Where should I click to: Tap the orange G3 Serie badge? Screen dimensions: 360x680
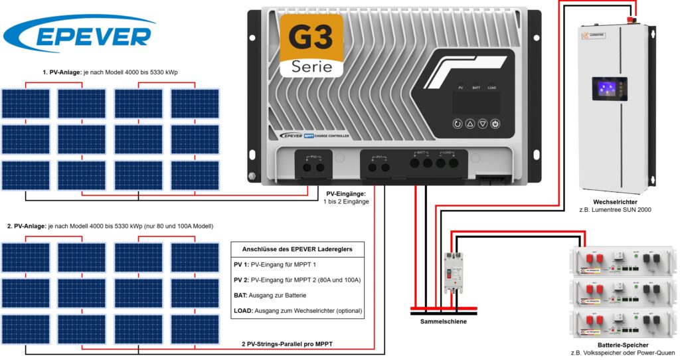tap(311, 45)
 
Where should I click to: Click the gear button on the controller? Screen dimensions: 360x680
tap(495, 124)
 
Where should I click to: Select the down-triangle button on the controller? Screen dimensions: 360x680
tap(483, 124)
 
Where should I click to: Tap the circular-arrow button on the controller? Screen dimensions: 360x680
tap(458, 124)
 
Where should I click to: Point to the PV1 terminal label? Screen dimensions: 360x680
tap(380, 157)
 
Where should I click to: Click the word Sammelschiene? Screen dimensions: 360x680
tap(444, 321)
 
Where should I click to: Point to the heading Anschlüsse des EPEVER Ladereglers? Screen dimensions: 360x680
tap(297, 250)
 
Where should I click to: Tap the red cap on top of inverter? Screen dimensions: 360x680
tap(636, 19)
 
